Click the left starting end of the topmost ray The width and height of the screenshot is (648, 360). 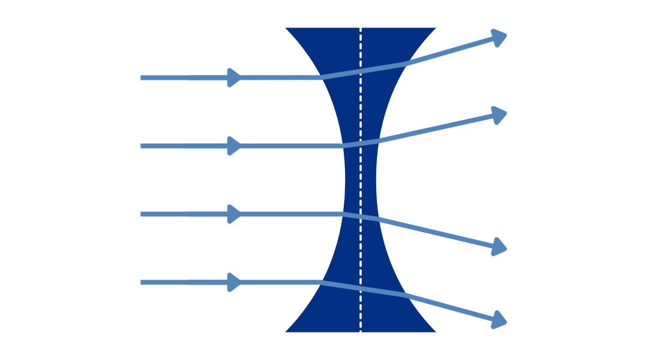pos(142,77)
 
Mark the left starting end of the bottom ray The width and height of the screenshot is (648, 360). pos(142,282)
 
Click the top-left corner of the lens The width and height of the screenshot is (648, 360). pos(283,27)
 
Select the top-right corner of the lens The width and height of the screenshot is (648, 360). pos(438,27)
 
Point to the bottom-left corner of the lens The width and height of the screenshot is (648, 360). pos(283,332)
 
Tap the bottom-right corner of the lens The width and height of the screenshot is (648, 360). pos(438,332)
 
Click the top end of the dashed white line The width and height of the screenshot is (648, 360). pos(361,28)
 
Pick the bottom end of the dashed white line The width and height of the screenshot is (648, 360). pos(361,332)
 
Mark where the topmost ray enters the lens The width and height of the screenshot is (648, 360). pos(322,77)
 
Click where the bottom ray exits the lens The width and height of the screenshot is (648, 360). pos(403,295)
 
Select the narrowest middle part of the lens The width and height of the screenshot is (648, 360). pos(361,179)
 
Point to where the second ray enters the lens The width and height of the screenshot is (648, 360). pos(341,146)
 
